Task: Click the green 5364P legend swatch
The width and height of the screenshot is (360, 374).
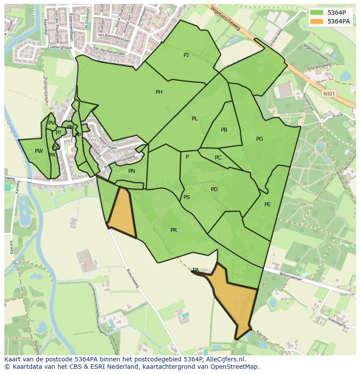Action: pos(317,13)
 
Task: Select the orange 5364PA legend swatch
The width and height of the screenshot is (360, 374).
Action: pos(317,21)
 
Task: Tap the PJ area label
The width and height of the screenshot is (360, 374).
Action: pos(186,55)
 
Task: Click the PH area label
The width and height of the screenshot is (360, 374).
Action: pos(159,92)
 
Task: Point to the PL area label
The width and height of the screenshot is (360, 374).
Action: pos(195,119)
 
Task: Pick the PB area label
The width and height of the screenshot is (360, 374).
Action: pos(224,130)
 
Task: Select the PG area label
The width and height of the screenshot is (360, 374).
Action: pos(260,139)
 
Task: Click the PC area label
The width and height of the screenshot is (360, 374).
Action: pos(218,158)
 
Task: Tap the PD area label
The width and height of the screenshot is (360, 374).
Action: pos(214,189)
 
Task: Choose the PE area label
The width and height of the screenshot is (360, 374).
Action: pos(267,205)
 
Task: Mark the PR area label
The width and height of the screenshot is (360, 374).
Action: pos(173,230)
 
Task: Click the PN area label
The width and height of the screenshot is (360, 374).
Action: pos(132,171)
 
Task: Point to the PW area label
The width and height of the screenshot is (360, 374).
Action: pos(39,151)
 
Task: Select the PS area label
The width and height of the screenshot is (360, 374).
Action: pos(187,197)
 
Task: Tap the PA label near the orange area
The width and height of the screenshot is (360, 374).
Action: pos(196,270)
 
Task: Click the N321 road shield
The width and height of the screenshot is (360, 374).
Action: pos(329,93)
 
